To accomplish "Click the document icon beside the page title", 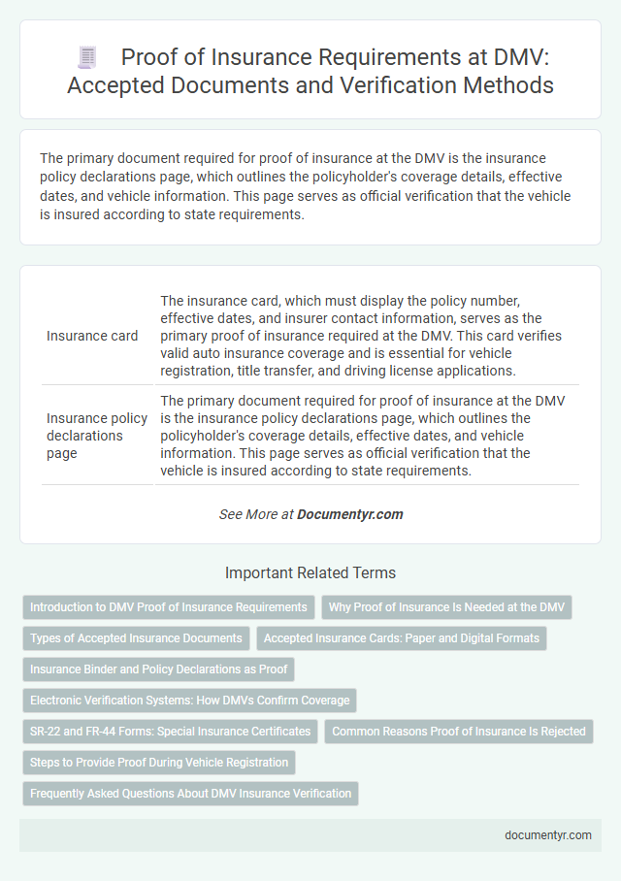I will [85, 58].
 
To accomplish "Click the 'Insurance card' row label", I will [92, 336].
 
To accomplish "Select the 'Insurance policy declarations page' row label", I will [97, 436].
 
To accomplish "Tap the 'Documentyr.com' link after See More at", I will [350, 514].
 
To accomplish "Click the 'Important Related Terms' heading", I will [310, 572].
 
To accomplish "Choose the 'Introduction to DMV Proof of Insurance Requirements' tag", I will [169, 607].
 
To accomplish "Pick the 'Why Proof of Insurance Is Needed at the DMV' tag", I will [446, 607].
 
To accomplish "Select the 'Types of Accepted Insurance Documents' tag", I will [136, 637].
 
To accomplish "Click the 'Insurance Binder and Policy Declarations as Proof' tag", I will [160, 669].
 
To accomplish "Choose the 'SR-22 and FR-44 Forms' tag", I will [170, 731].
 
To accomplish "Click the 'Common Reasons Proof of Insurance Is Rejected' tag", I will [458, 731].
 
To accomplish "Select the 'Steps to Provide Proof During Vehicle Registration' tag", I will [159, 762].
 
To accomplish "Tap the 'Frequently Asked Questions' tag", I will [190, 793].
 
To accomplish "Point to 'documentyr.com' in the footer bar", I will [548, 833].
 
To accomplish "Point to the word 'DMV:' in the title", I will [500, 58].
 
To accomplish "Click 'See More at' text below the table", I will [255, 514].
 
